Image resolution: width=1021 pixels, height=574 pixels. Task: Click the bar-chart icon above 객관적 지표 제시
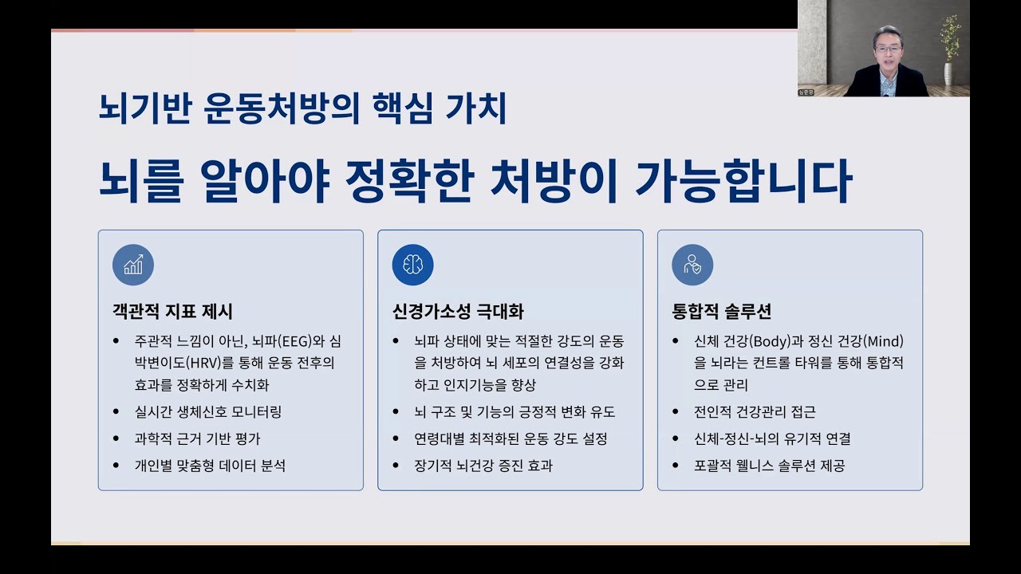click(x=133, y=265)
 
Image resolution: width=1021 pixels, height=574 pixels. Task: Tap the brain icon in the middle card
click(x=412, y=265)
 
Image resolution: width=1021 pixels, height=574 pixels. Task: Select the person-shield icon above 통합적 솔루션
click(x=692, y=265)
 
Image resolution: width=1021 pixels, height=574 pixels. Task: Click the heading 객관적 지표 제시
click(x=172, y=311)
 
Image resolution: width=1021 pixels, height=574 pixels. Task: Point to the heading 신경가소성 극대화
click(x=458, y=311)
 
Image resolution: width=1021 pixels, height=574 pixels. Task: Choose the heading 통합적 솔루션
click(x=721, y=311)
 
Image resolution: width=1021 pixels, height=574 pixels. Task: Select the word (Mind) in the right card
click(x=883, y=342)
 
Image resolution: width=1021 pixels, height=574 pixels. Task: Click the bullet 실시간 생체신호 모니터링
click(x=208, y=412)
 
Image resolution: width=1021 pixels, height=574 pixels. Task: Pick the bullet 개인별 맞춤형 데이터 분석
click(x=210, y=465)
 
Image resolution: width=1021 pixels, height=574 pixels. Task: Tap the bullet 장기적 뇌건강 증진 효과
click(x=483, y=465)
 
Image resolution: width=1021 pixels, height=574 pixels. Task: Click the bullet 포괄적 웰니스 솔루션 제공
click(x=769, y=465)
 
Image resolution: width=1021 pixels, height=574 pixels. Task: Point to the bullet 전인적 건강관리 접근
click(x=755, y=412)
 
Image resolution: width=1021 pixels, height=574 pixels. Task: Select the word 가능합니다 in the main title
click(x=743, y=181)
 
